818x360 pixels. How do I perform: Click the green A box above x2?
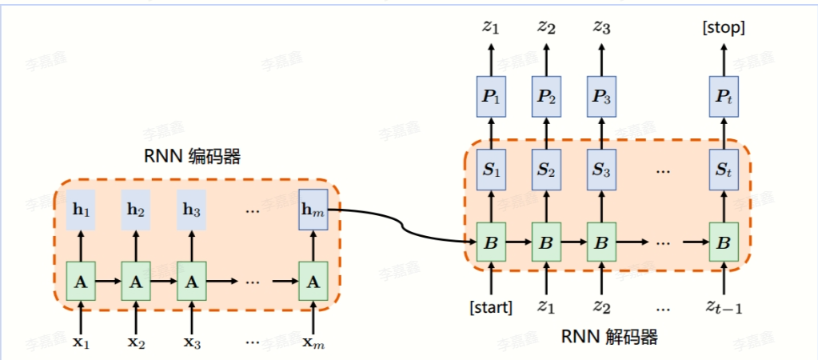click(136, 281)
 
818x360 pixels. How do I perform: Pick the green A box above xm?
click(313, 281)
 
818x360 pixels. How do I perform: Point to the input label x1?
click(80, 342)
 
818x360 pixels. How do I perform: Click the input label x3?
click(192, 342)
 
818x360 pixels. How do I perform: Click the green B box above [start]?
click(490, 239)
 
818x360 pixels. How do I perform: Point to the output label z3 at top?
click(602, 28)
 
